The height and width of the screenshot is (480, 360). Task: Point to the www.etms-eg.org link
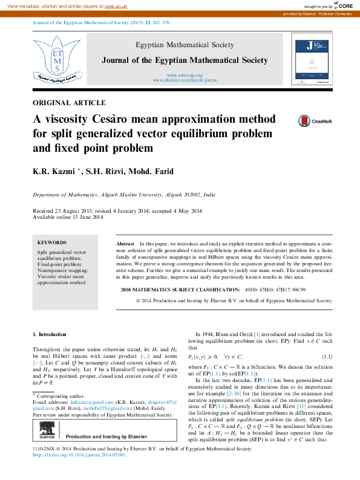coord(184,74)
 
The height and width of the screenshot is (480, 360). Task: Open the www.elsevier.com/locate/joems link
coord(184,80)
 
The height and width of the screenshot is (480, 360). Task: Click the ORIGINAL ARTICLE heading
coord(69,103)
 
